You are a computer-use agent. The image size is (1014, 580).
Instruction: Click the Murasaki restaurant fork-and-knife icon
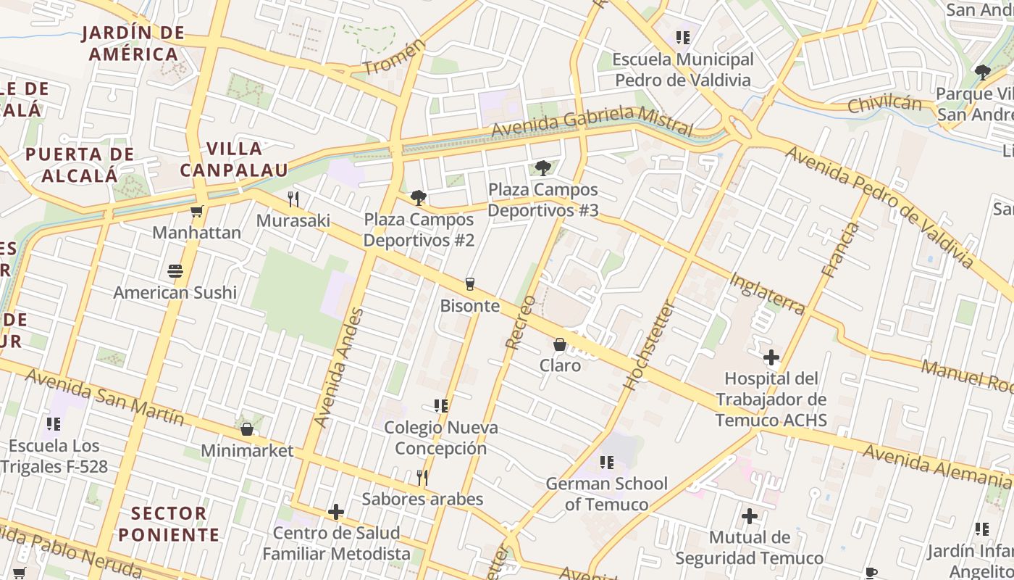pyautogui.click(x=293, y=199)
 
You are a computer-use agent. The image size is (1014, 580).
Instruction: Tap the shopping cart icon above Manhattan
pyautogui.click(x=196, y=212)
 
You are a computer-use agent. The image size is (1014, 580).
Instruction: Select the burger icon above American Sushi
pyautogui.click(x=175, y=271)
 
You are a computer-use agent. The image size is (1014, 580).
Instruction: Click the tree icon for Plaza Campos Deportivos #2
pyautogui.click(x=418, y=198)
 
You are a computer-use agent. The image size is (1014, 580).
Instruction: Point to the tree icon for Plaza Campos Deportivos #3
pyautogui.click(x=542, y=168)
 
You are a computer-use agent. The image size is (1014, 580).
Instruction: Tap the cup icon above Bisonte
pyautogui.click(x=470, y=284)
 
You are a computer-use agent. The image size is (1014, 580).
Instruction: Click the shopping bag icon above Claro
pyautogui.click(x=560, y=344)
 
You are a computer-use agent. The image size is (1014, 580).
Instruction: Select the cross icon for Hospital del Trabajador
pyautogui.click(x=771, y=357)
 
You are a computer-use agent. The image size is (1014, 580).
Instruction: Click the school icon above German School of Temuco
pyautogui.click(x=607, y=462)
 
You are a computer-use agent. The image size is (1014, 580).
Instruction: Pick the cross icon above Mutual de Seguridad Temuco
pyautogui.click(x=750, y=516)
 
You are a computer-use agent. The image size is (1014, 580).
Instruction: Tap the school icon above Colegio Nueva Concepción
pyautogui.click(x=440, y=406)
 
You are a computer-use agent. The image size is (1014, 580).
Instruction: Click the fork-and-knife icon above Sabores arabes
pyautogui.click(x=422, y=477)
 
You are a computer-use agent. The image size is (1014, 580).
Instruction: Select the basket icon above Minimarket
pyautogui.click(x=247, y=429)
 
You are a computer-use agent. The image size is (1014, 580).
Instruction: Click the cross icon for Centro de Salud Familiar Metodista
pyautogui.click(x=336, y=512)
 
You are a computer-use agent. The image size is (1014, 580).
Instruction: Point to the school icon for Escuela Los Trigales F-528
pyautogui.click(x=54, y=423)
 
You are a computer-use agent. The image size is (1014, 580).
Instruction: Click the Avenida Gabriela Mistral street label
pyautogui.click(x=592, y=120)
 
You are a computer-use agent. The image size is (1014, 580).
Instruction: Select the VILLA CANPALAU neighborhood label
pyautogui.click(x=234, y=159)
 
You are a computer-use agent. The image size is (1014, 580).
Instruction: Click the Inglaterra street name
pyautogui.click(x=767, y=294)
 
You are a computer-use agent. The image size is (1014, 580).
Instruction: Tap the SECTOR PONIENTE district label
pyautogui.click(x=169, y=524)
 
